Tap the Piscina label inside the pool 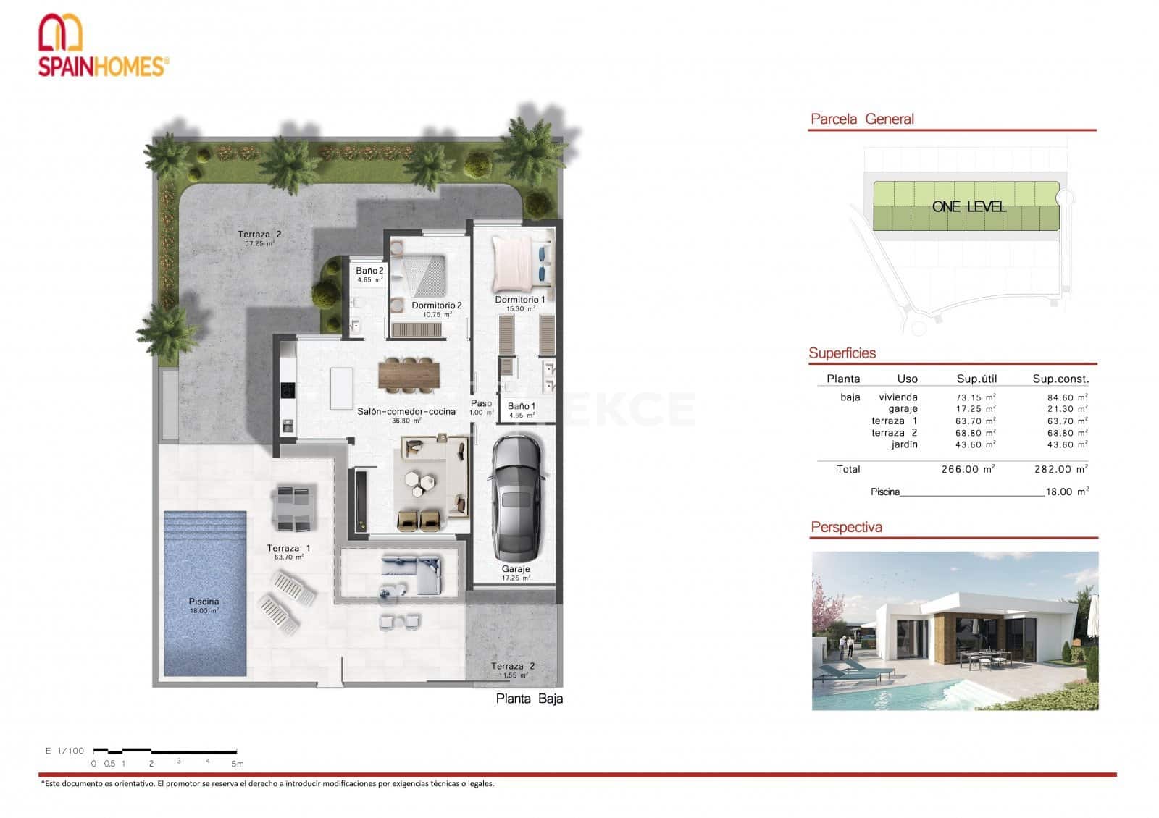204,602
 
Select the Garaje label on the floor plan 515,569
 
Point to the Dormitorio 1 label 519,300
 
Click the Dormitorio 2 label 436,305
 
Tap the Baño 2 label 369,271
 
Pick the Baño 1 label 521,407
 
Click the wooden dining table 409,375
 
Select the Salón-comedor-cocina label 406,411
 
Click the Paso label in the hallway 481,404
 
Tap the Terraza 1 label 288,548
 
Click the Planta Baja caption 529,699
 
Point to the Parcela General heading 862,119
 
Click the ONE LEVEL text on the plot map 968,207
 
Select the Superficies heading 842,353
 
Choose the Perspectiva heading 846,527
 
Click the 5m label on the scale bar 237,764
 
